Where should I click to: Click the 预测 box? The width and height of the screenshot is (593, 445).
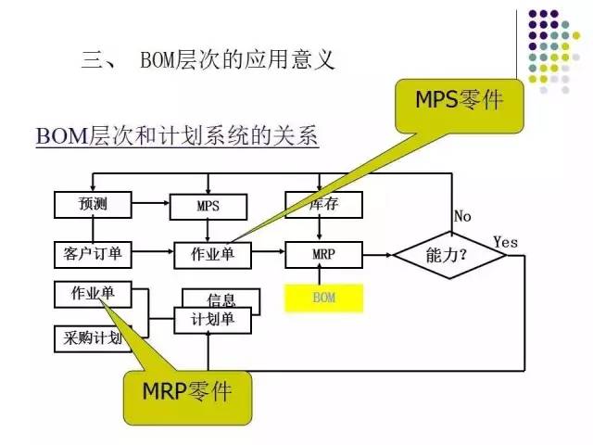coord(94,204)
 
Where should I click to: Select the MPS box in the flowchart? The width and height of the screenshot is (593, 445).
coord(208,205)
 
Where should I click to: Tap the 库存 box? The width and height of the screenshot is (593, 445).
coord(322,203)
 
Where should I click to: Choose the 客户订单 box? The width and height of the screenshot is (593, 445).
coord(94,251)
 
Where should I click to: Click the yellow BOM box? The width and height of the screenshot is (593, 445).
coord(323,298)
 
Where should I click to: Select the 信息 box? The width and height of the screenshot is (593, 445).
coord(221,299)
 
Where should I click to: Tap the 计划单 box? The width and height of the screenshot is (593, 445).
coord(213,319)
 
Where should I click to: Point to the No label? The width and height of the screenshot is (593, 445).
coord(462,216)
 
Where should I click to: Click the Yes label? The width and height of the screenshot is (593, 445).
coord(505,241)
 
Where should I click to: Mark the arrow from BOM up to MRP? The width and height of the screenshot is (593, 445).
coord(319,273)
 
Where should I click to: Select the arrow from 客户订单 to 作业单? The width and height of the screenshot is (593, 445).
coord(154,251)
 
